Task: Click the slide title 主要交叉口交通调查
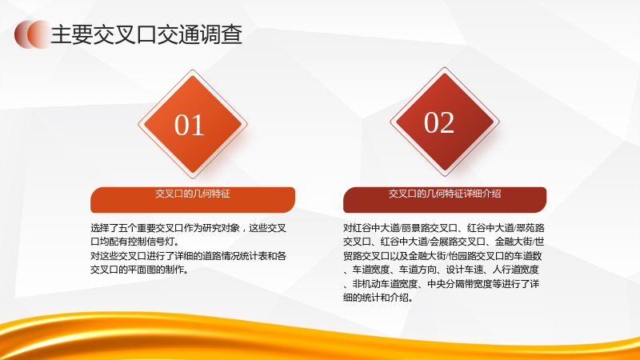146,34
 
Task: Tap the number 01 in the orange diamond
190,125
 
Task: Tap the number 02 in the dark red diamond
439,122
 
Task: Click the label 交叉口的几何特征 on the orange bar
193,194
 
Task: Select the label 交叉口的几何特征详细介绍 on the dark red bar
445,194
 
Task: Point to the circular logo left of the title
33,34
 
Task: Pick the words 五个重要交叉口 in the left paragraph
142,228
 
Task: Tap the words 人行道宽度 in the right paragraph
516,270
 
